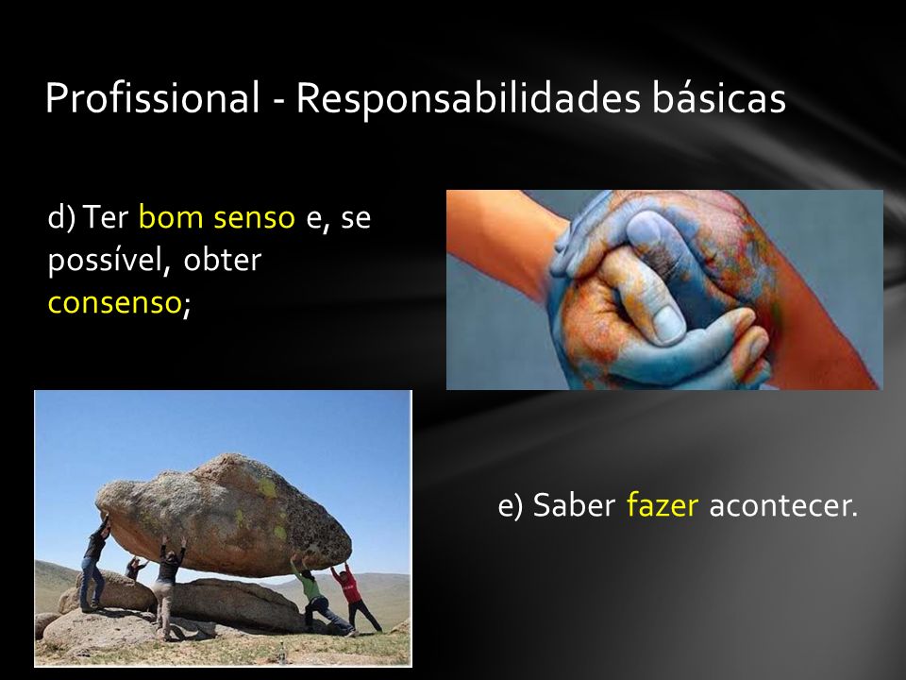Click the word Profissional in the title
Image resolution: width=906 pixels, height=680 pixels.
[152, 98]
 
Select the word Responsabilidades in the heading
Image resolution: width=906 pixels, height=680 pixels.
[469, 97]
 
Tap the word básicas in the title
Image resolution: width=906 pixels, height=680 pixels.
[719, 96]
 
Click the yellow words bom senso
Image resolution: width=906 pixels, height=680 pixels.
[217, 217]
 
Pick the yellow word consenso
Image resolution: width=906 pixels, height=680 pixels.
[114, 302]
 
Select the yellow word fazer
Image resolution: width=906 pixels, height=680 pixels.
[663, 504]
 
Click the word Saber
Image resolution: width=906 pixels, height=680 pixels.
[574, 504]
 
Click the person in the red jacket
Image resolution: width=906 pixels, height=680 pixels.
[354, 598]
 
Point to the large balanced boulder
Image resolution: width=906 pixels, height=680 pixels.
[225, 515]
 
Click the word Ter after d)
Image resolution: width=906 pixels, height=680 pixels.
[105, 217]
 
